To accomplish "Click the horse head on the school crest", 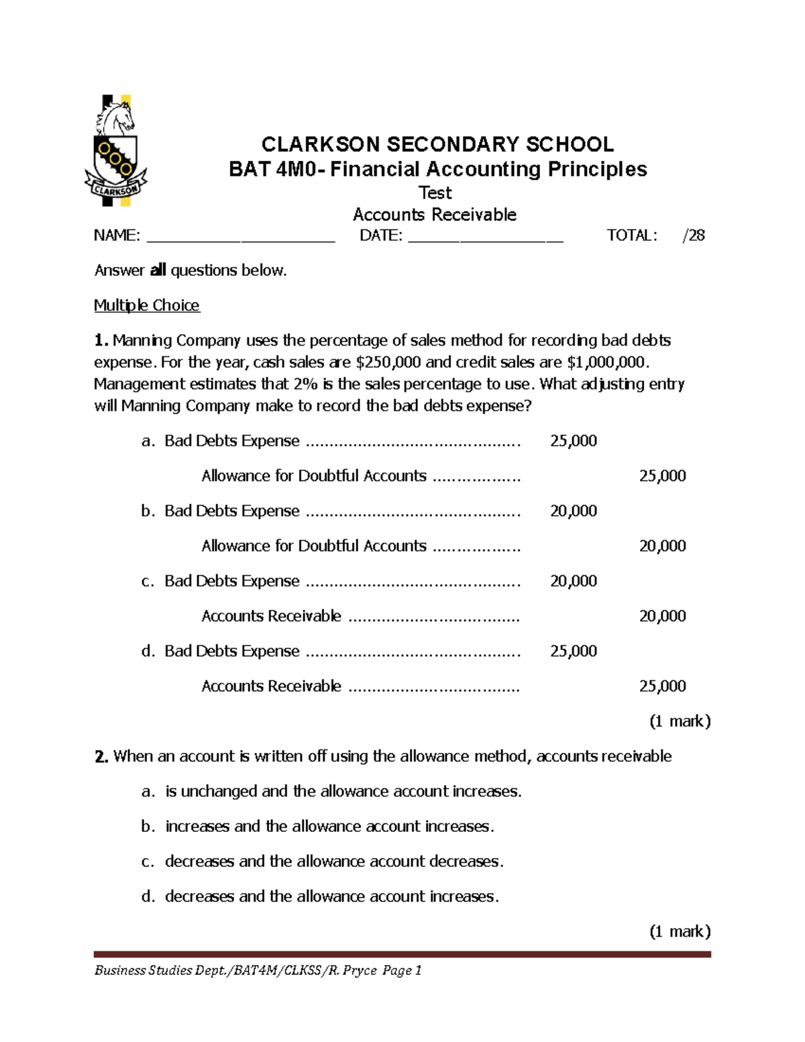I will tap(118, 117).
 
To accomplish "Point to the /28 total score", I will tap(694, 236).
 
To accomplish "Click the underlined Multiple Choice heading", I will tap(147, 305).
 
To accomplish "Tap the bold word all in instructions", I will tap(158, 270).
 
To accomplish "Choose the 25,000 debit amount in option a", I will tap(573, 441).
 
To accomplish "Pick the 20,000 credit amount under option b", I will tap(662, 546).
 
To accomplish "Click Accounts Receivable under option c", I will tap(271, 616).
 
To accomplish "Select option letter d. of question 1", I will tap(148, 651).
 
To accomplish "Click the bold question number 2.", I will tap(101, 757).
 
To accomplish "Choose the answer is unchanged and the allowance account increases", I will tap(343, 792).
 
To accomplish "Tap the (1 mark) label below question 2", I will tap(680, 931).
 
